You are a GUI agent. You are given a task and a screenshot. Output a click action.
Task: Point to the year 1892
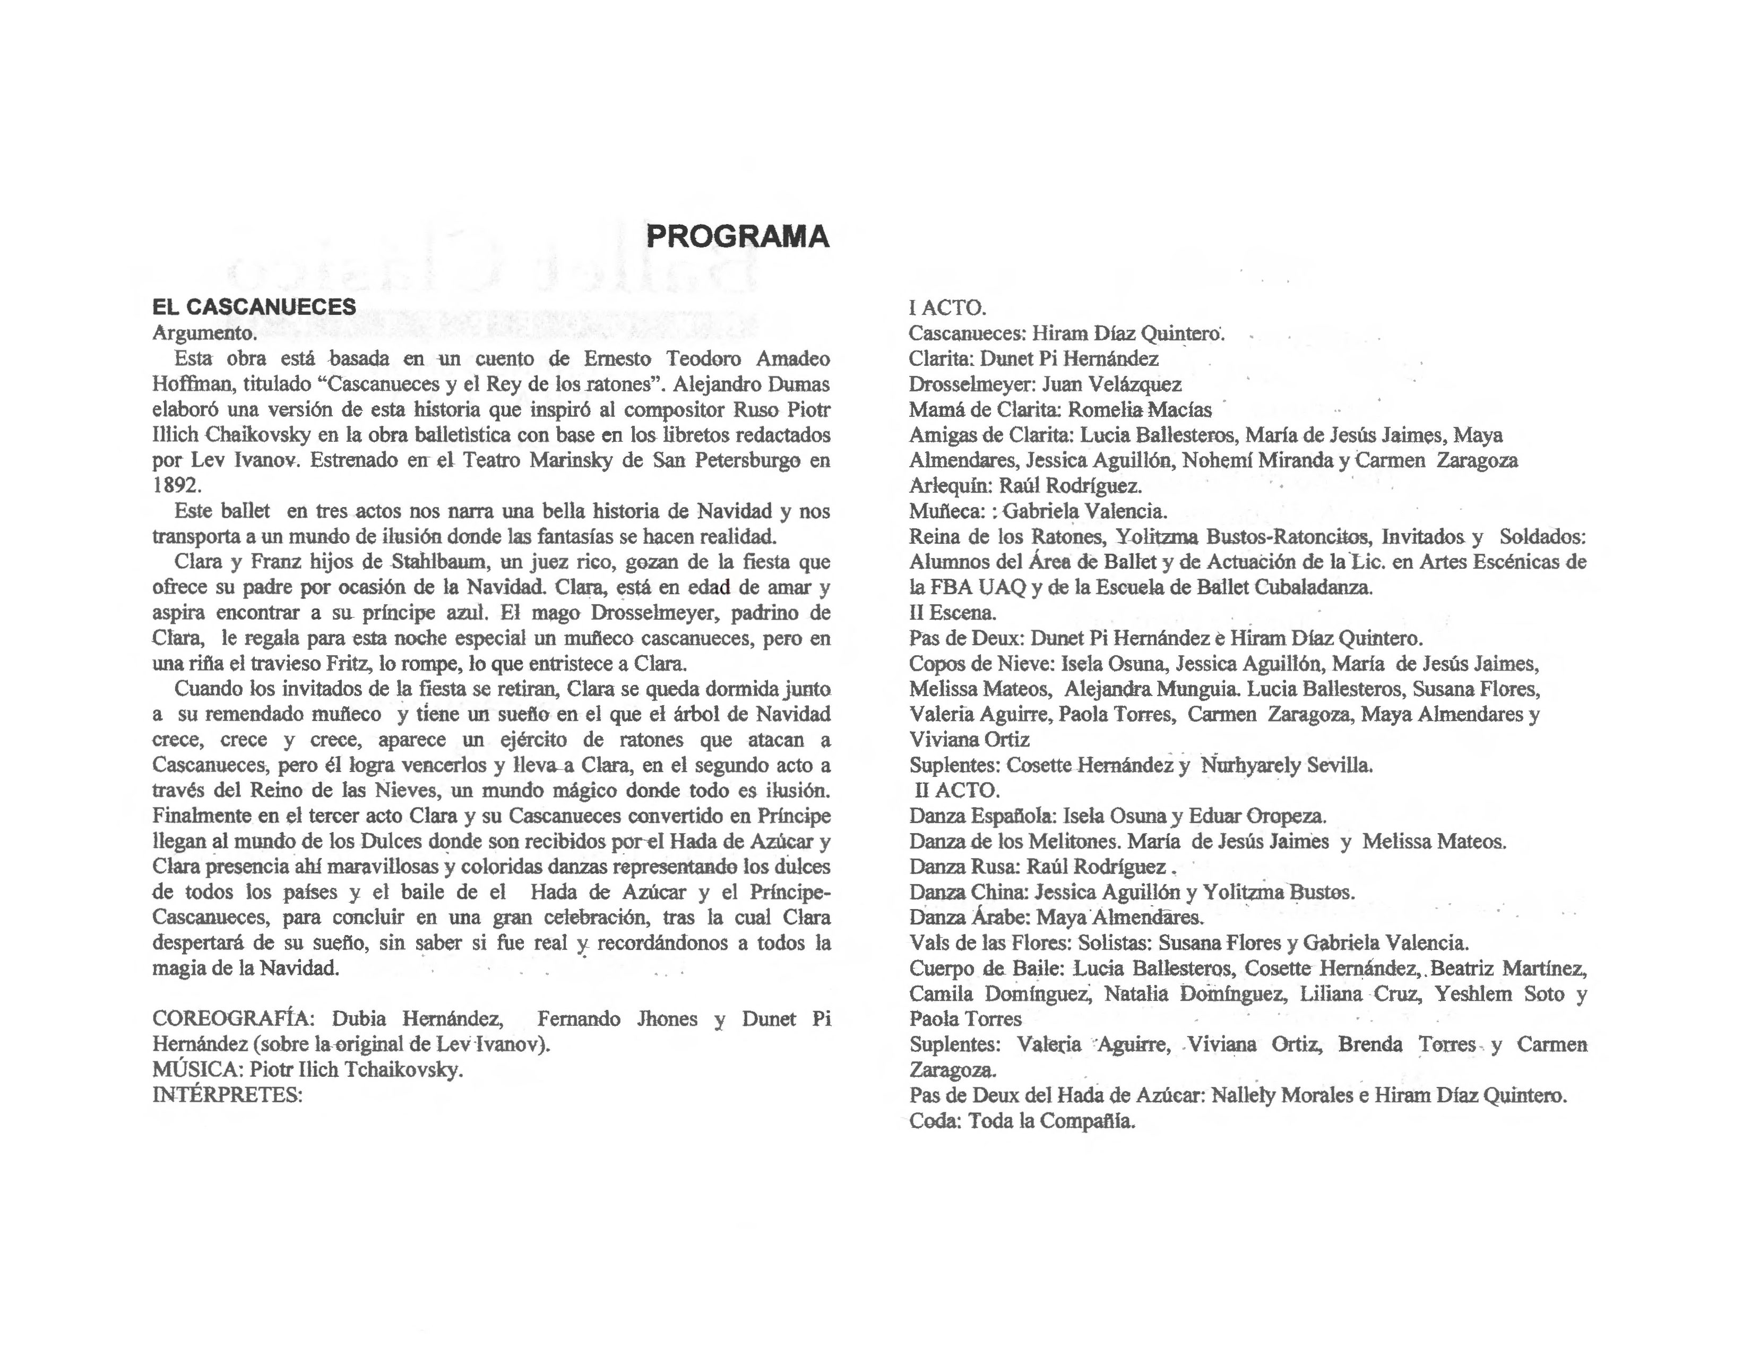[x=176, y=485]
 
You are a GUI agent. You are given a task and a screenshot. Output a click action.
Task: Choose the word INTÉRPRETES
[x=227, y=1095]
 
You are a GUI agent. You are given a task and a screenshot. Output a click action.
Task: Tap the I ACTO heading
[x=947, y=307]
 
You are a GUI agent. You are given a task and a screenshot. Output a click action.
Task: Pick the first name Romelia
[x=1106, y=410]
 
